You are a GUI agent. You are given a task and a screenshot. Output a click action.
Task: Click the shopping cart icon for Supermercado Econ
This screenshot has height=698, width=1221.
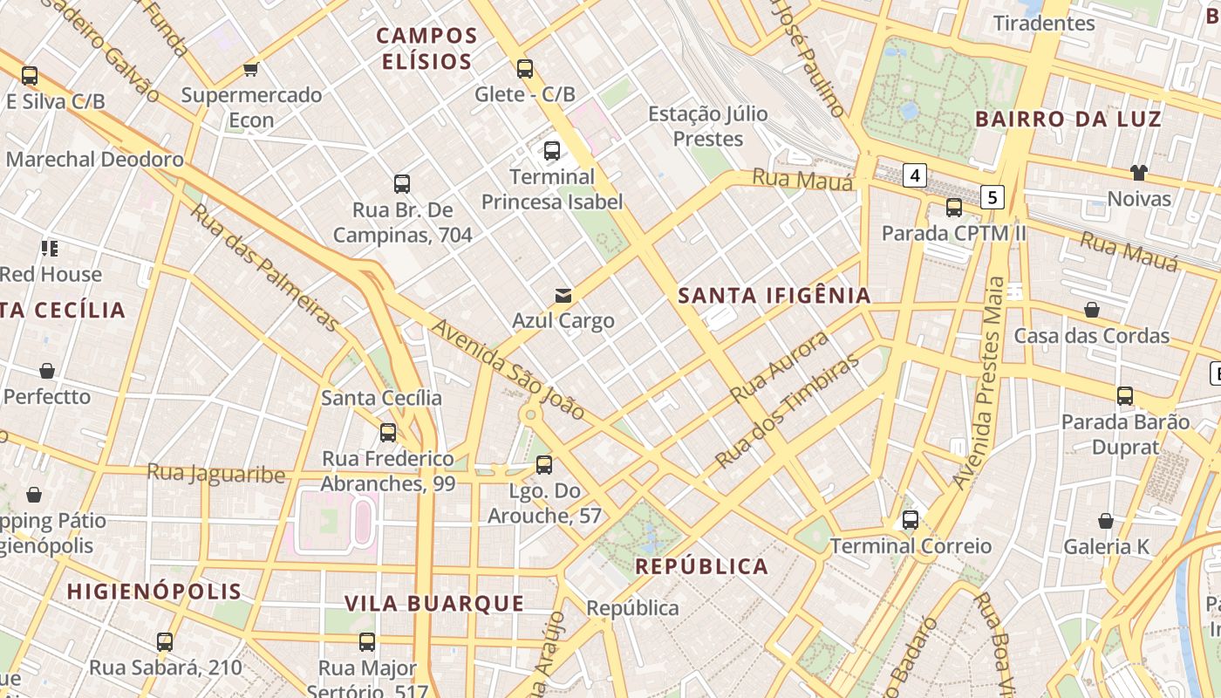(251, 69)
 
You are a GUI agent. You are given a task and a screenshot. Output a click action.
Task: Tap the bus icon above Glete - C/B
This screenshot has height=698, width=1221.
(524, 68)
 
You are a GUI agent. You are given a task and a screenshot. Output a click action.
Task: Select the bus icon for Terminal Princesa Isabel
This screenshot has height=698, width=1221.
(551, 150)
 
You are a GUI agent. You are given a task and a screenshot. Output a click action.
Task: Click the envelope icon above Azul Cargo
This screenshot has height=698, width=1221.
(563, 295)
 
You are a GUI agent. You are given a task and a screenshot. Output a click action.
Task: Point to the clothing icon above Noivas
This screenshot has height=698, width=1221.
(1138, 172)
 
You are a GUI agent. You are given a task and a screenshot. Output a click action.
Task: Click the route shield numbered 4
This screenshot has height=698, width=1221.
(914, 175)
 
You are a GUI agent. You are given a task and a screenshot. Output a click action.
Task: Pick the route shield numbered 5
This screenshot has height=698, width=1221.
(992, 196)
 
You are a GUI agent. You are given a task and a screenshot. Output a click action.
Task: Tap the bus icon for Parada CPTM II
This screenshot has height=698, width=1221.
(953, 208)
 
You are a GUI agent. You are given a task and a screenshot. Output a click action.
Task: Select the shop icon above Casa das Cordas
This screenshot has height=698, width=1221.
(1091, 310)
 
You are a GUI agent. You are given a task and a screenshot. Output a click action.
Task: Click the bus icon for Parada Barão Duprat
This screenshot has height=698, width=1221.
(1125, 396)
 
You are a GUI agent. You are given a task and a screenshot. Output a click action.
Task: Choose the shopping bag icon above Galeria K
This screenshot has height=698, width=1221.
(1105, 521)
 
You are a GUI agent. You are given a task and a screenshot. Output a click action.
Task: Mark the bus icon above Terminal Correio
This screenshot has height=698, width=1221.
(910, 520)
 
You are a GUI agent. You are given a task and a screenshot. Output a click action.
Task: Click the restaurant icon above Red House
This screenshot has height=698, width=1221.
(50, 249)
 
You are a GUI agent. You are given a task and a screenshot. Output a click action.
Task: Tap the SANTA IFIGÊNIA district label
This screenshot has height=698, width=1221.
(774, 296)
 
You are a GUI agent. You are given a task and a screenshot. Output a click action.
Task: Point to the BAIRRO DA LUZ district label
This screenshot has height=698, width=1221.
(1068, 120)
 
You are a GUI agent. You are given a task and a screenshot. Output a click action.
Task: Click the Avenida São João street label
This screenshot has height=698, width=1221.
(508, 368)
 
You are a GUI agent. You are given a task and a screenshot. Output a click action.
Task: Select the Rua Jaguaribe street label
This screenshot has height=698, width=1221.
(215, 473)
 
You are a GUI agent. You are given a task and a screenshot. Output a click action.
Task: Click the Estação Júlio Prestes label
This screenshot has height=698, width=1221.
(707, 126)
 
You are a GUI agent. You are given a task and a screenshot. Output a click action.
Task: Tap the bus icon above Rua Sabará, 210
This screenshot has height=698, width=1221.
(164, 642)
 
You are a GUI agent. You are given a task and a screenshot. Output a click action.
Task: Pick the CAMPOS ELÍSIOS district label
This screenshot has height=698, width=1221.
(426, 49)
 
